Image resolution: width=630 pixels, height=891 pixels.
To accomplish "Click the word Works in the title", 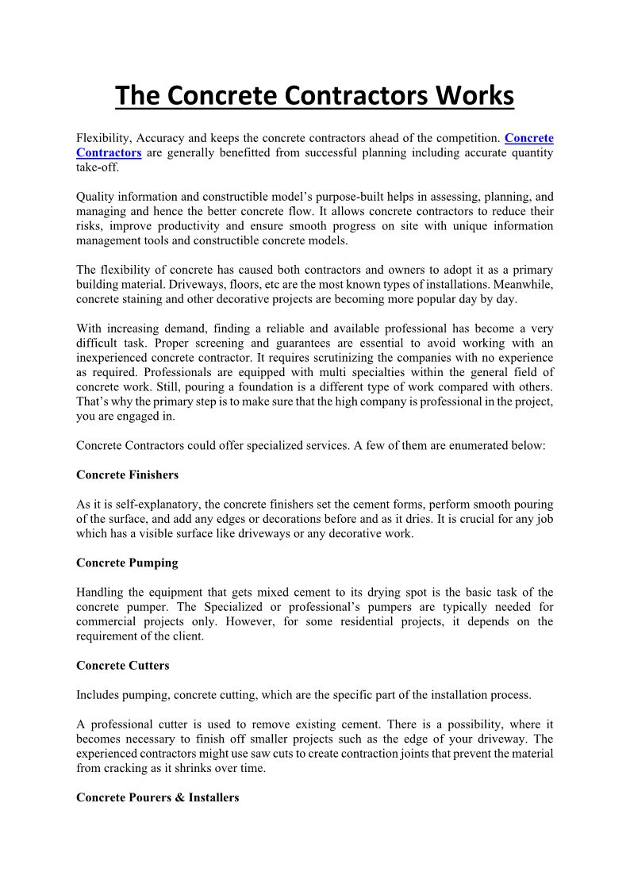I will tap(474, 96).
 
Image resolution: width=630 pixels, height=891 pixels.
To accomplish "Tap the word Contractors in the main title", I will tap(356, 96).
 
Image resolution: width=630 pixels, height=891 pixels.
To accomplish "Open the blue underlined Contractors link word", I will tap(109, 152).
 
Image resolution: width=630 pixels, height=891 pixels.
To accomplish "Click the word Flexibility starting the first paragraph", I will tap(104, 138).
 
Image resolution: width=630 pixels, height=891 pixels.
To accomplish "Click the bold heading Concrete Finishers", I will tap(127, 474).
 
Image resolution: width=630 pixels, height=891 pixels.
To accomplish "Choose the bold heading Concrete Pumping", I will tap(127, 563).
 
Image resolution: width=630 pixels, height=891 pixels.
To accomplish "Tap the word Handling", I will tap(100, 593).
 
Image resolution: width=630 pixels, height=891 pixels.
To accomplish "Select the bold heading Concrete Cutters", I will tap(123, 665).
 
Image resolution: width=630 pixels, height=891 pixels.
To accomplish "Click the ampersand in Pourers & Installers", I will tap(179, 797).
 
